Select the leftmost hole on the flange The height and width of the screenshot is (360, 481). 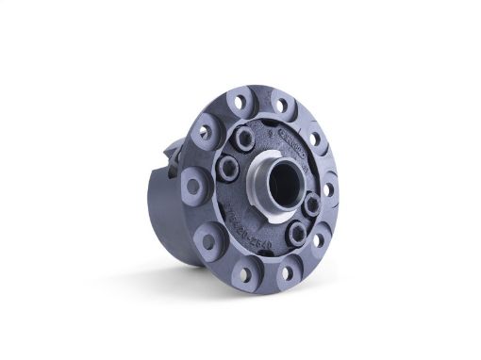(x=193, y=186)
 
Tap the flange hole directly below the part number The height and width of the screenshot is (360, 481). (x=243, y=273)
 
